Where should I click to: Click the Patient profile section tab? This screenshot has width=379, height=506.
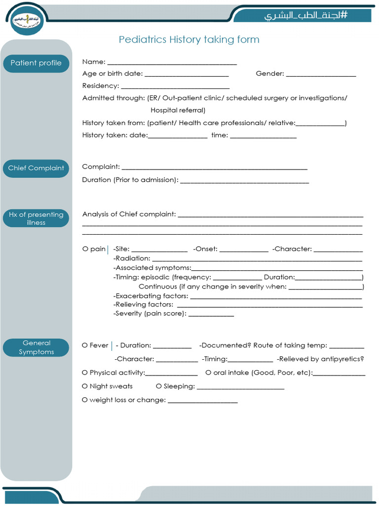36,63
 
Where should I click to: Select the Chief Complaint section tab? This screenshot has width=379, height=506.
36,168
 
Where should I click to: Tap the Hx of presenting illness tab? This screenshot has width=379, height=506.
36,218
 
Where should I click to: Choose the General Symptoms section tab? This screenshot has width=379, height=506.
36,347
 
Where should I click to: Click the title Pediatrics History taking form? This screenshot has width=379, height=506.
189,40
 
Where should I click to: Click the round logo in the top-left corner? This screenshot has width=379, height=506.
27,20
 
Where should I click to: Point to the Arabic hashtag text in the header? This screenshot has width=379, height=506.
306,15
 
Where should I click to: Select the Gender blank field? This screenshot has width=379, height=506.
321,75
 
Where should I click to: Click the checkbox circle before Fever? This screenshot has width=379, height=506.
85,345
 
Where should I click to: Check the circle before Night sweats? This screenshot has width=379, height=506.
85,386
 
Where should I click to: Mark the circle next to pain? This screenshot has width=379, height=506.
85,249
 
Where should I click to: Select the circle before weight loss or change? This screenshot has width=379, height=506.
85,400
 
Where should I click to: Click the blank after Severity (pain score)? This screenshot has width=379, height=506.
211,314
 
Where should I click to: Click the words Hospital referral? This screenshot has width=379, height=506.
178,110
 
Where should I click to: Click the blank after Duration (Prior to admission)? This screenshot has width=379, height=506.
244,181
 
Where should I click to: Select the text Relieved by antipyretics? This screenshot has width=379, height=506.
320,359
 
